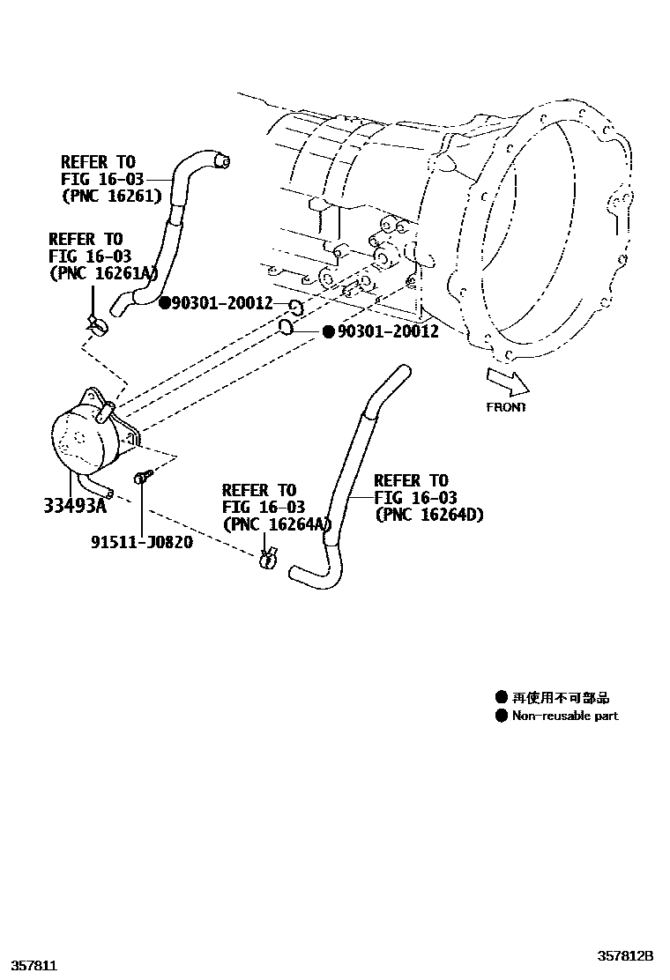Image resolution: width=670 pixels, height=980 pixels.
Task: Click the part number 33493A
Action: (75, 505)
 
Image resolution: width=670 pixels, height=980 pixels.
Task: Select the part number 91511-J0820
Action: (141, 541)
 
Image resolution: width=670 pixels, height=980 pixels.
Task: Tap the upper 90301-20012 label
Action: (222, 303)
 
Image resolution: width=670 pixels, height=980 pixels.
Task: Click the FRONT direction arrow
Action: (507, 380)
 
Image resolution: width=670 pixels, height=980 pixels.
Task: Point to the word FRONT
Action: (506, 407)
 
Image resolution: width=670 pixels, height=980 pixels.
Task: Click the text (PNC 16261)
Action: (111, 197)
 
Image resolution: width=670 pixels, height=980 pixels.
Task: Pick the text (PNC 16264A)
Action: (275, 524)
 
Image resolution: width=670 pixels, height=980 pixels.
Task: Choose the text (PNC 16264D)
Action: (429, 515)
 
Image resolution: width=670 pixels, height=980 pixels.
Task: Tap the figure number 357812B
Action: (625, 955)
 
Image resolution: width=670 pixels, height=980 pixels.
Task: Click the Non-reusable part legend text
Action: (565, 716)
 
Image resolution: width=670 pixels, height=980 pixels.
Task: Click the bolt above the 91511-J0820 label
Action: (141, 479)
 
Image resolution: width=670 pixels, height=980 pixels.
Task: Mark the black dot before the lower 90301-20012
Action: (327, 331)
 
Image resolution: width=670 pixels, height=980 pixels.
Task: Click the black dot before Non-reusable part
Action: (502, 716)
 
